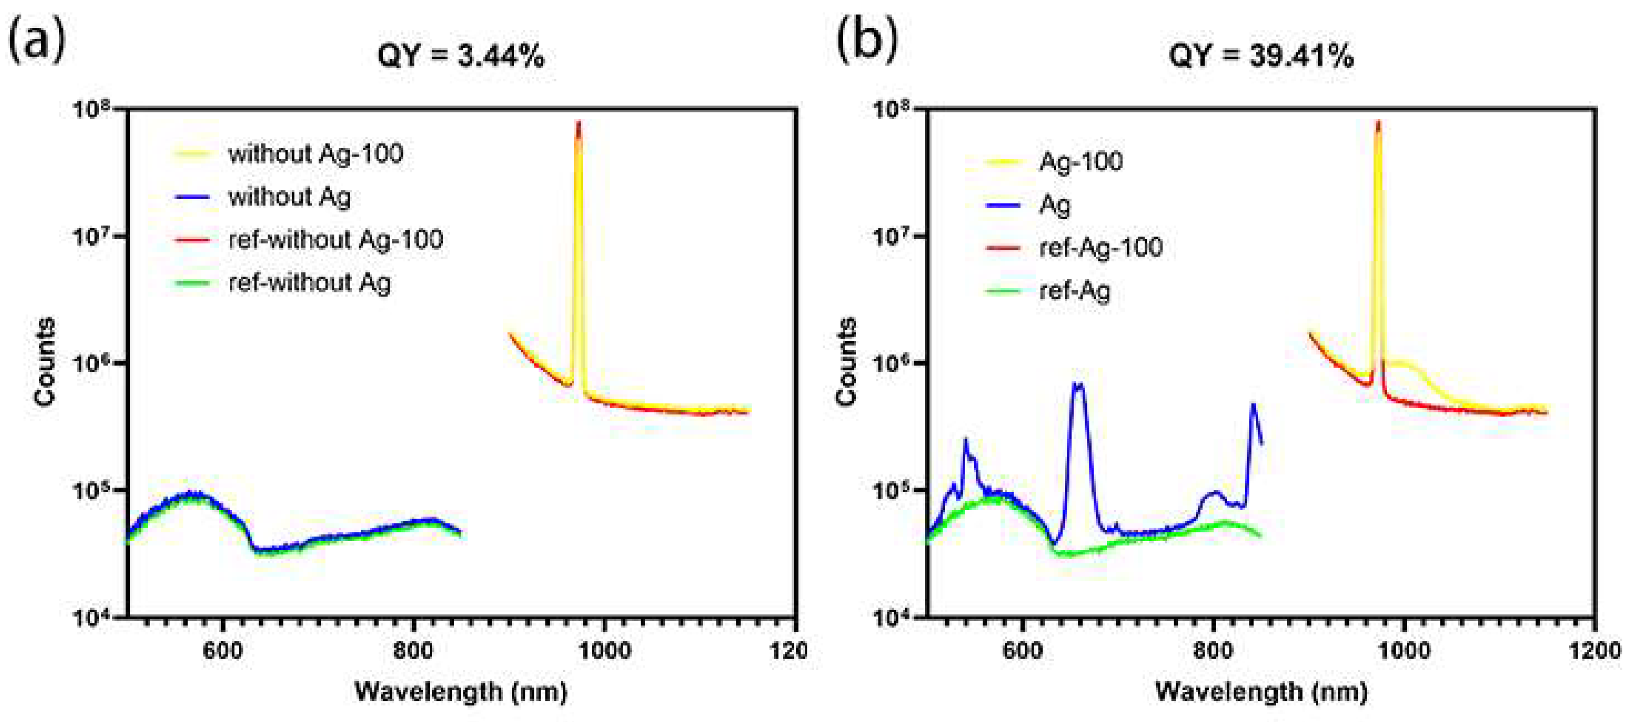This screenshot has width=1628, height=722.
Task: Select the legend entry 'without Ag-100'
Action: tap(315, 154)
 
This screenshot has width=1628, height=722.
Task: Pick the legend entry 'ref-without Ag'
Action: tap(309, 283)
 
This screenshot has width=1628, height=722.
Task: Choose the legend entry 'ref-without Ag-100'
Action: tap(335, 239)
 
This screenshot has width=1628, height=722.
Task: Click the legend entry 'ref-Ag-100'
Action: tap(1100, 247)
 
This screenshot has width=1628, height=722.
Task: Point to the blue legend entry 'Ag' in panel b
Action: tap(1055, 205)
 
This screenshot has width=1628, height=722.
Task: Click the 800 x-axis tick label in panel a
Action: tap(414, 651)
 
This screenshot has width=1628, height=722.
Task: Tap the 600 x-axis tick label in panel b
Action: tap(1022, 651)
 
